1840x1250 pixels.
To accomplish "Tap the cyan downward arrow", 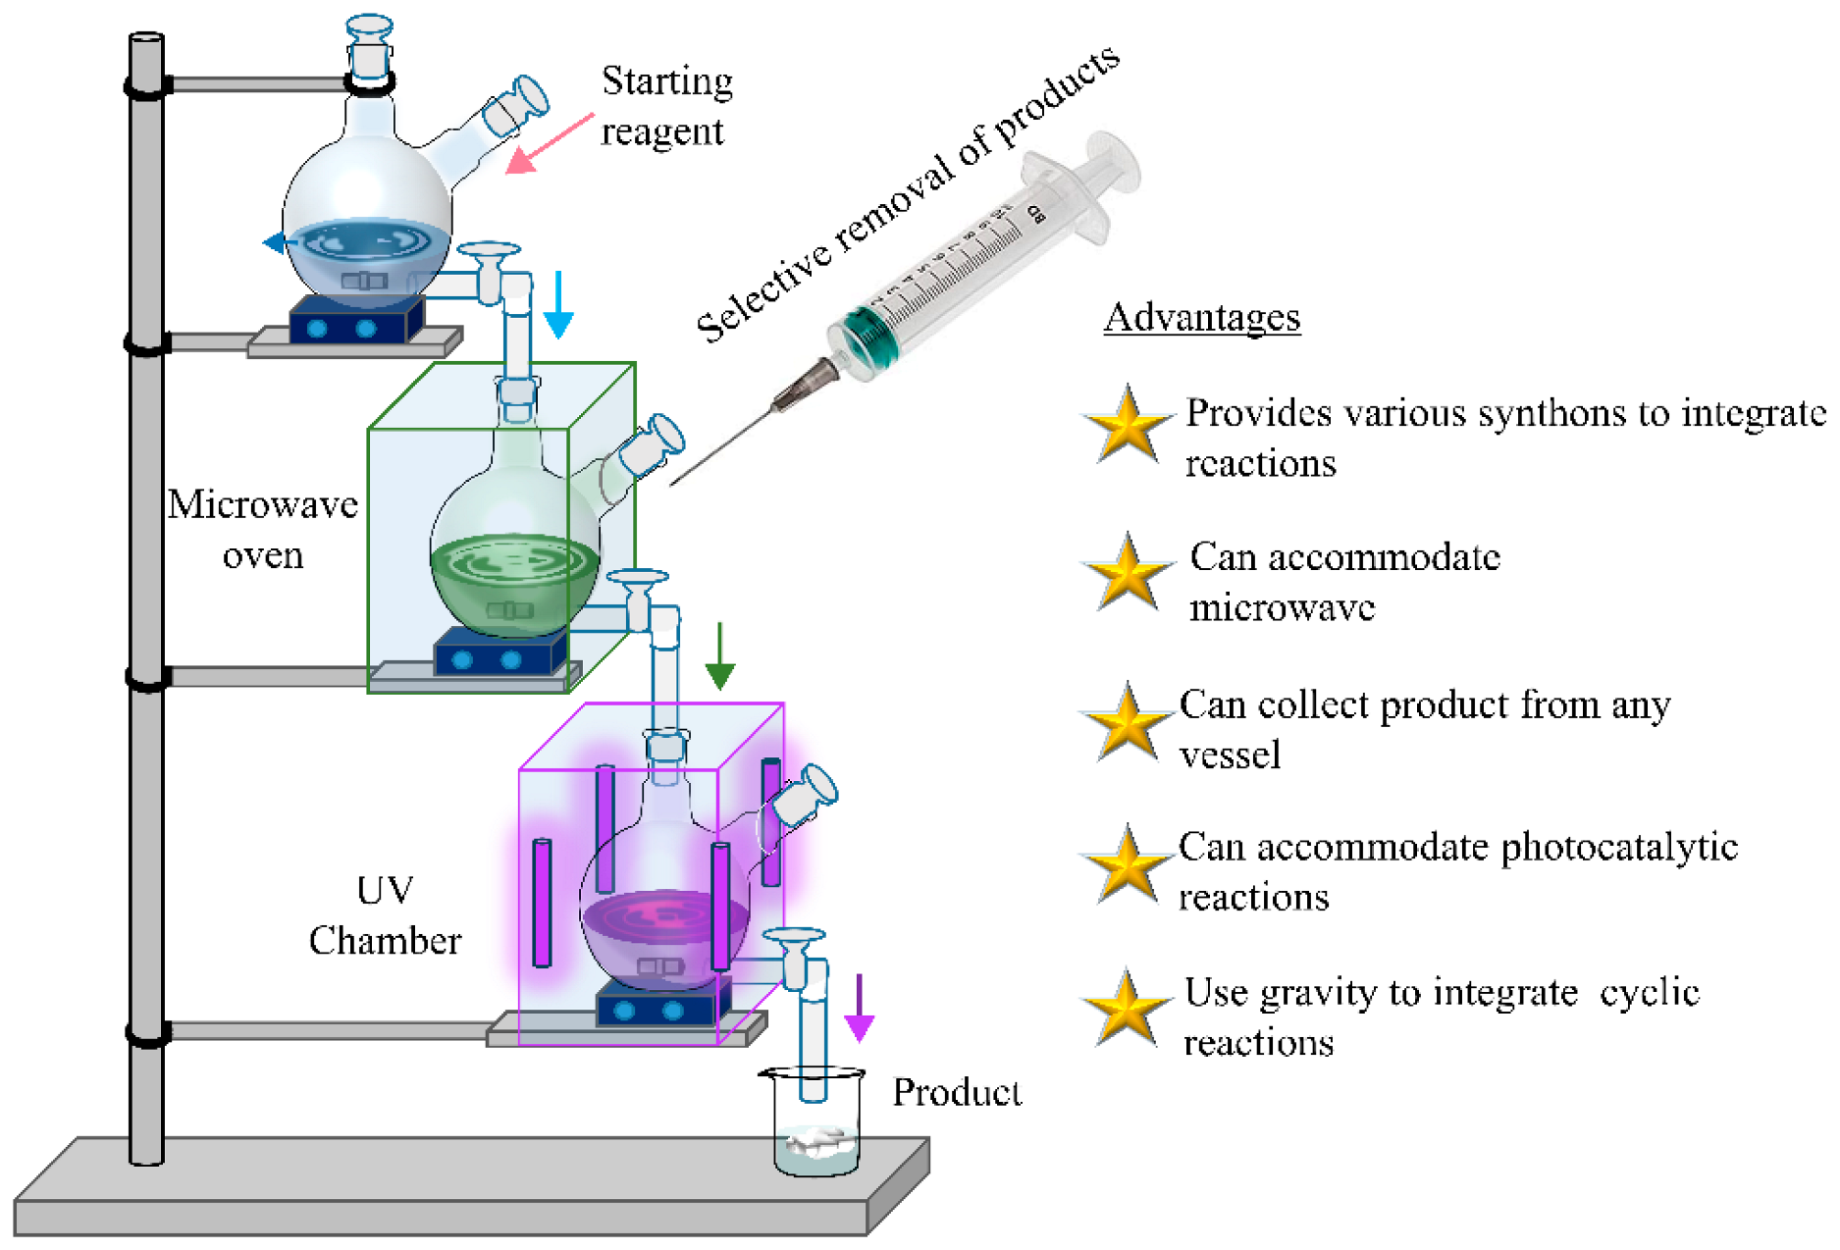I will tap(558, 305).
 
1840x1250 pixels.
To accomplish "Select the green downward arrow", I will tap(720, 655).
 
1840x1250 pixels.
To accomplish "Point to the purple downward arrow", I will tap(860, 1008).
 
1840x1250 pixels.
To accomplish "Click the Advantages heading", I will tap(1201, 318).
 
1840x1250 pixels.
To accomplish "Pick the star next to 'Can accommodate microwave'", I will tap(1128, 572).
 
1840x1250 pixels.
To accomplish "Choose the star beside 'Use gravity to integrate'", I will tap(1128, 1009).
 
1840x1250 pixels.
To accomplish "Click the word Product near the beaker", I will tap(957, 1092).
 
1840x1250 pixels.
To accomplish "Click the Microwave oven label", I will tap(262, 530).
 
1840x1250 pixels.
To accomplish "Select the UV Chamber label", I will tap(385, 915).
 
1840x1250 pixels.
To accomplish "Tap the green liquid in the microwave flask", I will tap(514, 579).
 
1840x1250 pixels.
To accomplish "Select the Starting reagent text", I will tap(666, 106).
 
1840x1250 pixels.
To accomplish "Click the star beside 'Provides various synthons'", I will tap(1128, 426).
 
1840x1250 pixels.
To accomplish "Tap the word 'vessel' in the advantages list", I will tap(1230, 755).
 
